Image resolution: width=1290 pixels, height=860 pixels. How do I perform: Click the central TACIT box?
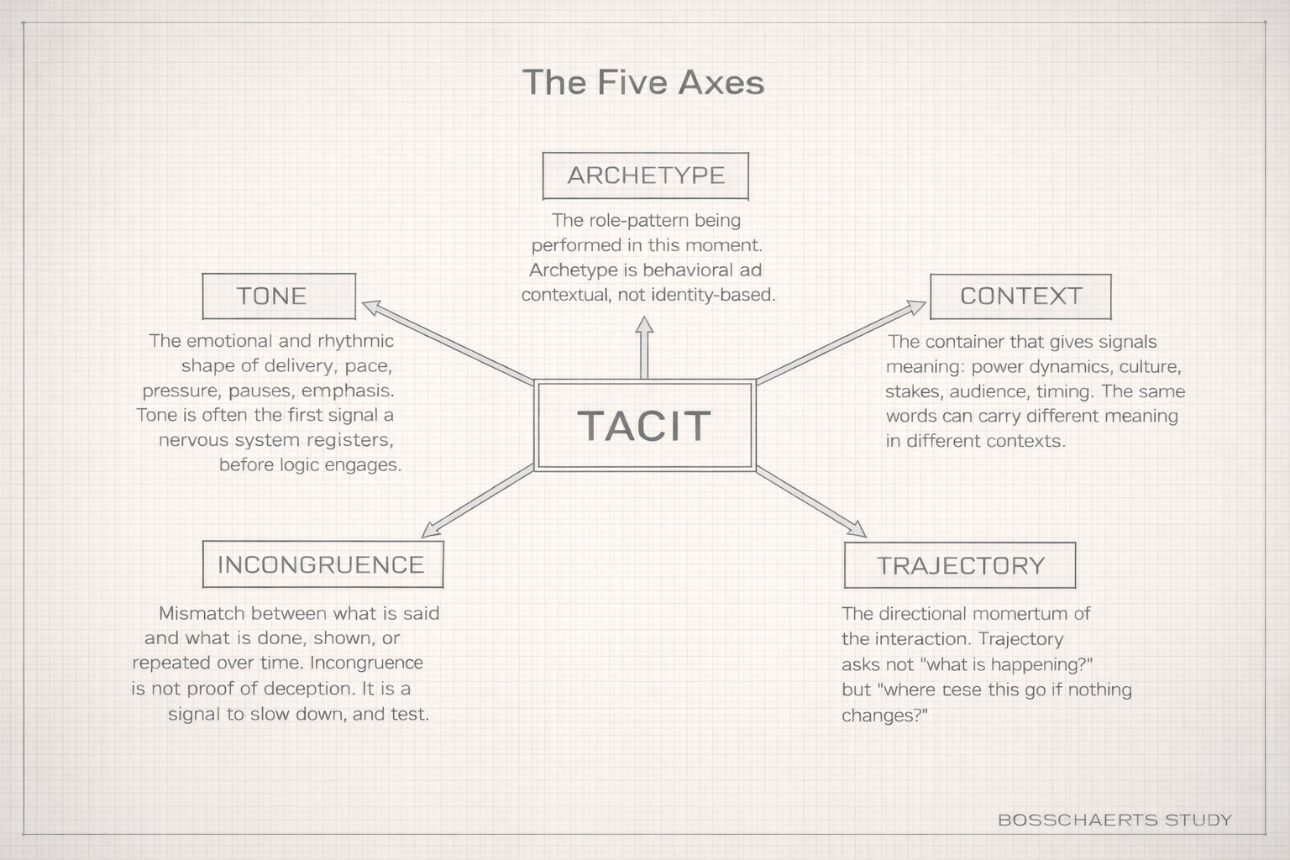coord(645,425)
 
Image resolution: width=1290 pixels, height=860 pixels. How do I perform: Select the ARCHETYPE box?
coord(645,176)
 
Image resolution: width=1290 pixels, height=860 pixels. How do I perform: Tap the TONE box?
coord(279,296)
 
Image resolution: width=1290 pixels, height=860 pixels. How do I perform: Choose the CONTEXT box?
coord(1020,296)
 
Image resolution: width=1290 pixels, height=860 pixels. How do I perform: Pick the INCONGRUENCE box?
coord(322,564)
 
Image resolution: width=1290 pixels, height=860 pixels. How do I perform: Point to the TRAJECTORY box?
coord(959,565)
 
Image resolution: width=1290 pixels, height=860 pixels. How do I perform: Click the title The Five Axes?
coord(643,82)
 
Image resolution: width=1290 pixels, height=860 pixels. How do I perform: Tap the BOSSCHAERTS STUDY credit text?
coord(1114,820)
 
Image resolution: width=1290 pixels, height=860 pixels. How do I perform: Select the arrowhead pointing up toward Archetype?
coord(644,325)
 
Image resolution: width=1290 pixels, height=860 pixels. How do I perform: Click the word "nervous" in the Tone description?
coord(193,440)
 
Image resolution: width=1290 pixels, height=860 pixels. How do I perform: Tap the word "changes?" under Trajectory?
coord(884,716)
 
